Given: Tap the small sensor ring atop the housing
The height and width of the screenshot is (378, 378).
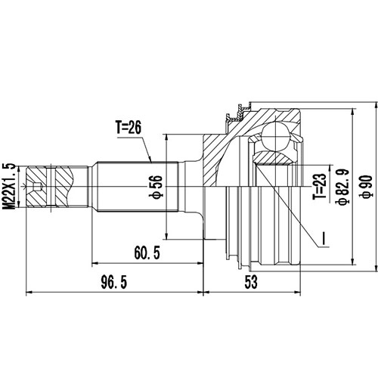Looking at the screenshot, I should (x=236, y=113).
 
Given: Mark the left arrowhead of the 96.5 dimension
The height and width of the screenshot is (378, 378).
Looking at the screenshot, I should (x=29, y=290).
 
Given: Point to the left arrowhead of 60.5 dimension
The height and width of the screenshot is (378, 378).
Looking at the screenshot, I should (x=94, y=262).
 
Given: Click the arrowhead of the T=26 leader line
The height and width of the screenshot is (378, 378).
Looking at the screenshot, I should (x=153, y=160).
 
